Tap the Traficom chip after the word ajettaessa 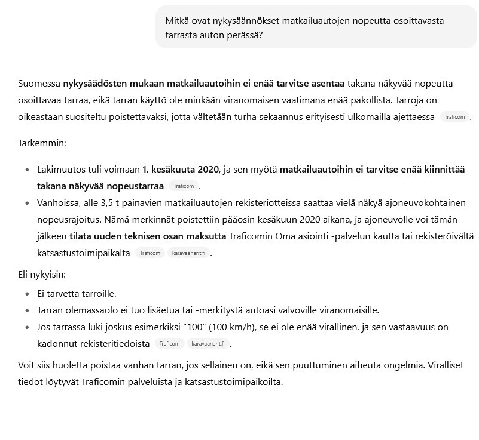coord(454,117)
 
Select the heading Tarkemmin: coord(42,144)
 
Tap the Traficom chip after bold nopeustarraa coord(183,186)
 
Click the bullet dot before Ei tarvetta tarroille coord(28,294)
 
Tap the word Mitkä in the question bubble coord(178,21)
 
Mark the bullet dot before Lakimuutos coord(28,170)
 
